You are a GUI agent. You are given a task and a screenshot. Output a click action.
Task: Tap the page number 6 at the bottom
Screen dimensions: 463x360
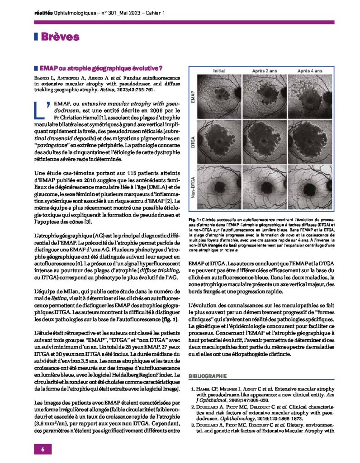[x=42, y=449]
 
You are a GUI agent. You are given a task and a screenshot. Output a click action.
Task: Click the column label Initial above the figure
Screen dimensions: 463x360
[x=219, y=71]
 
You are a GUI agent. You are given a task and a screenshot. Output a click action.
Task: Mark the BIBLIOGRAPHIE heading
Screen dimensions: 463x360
[x=207, y=376]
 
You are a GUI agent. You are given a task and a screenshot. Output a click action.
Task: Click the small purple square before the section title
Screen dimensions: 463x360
[x=35, y=69]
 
